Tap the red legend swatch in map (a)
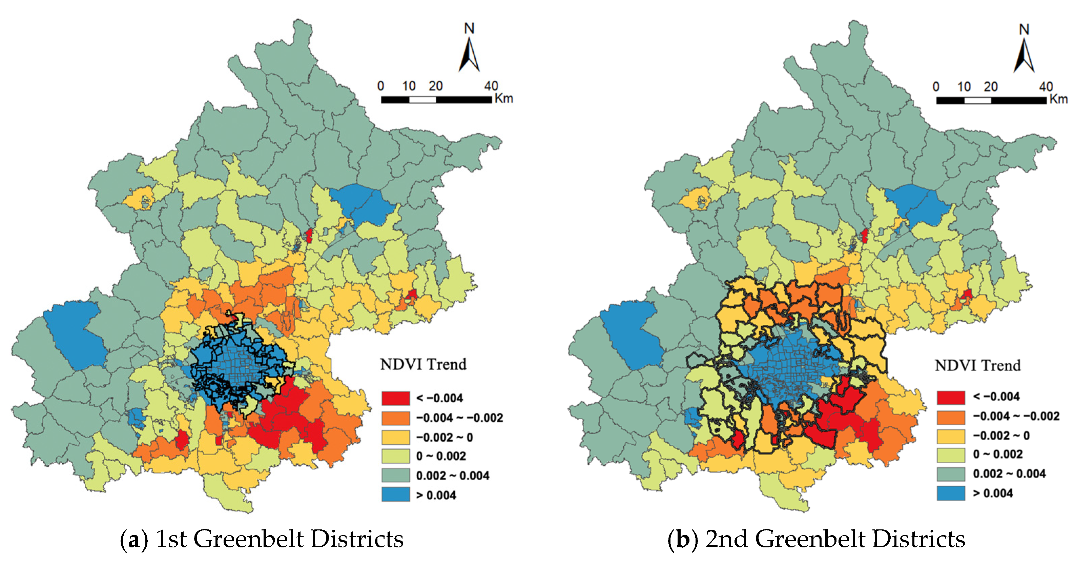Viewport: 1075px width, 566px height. click(x=395, y=398)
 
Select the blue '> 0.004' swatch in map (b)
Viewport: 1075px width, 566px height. click(x=951, y=493)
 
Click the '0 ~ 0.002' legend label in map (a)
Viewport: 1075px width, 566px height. click(x=441, y=456)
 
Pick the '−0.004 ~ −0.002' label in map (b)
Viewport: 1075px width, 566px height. click(x=1016, y=416)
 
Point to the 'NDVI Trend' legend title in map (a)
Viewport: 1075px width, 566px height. click(x=423, y=364)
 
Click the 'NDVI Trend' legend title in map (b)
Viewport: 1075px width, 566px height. click(x=978, y=366)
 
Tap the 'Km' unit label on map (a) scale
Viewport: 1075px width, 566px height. click(x=504, y=99)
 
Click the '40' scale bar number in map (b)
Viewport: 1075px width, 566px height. click(x=1046, y=87)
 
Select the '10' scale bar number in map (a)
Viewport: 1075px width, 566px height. click(x=409, y=86)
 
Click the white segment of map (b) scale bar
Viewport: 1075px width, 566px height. click(x=977, y=101)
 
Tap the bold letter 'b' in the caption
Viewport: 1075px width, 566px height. click(x=682, y=539)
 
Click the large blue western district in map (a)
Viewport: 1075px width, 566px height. click(x=75, y=334)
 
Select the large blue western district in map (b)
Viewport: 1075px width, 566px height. click(x=632, y=334)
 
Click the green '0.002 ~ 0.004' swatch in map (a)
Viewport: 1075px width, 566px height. click(x=395, y=475)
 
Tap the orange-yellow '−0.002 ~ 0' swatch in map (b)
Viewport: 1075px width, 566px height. click(x=951, y=436)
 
